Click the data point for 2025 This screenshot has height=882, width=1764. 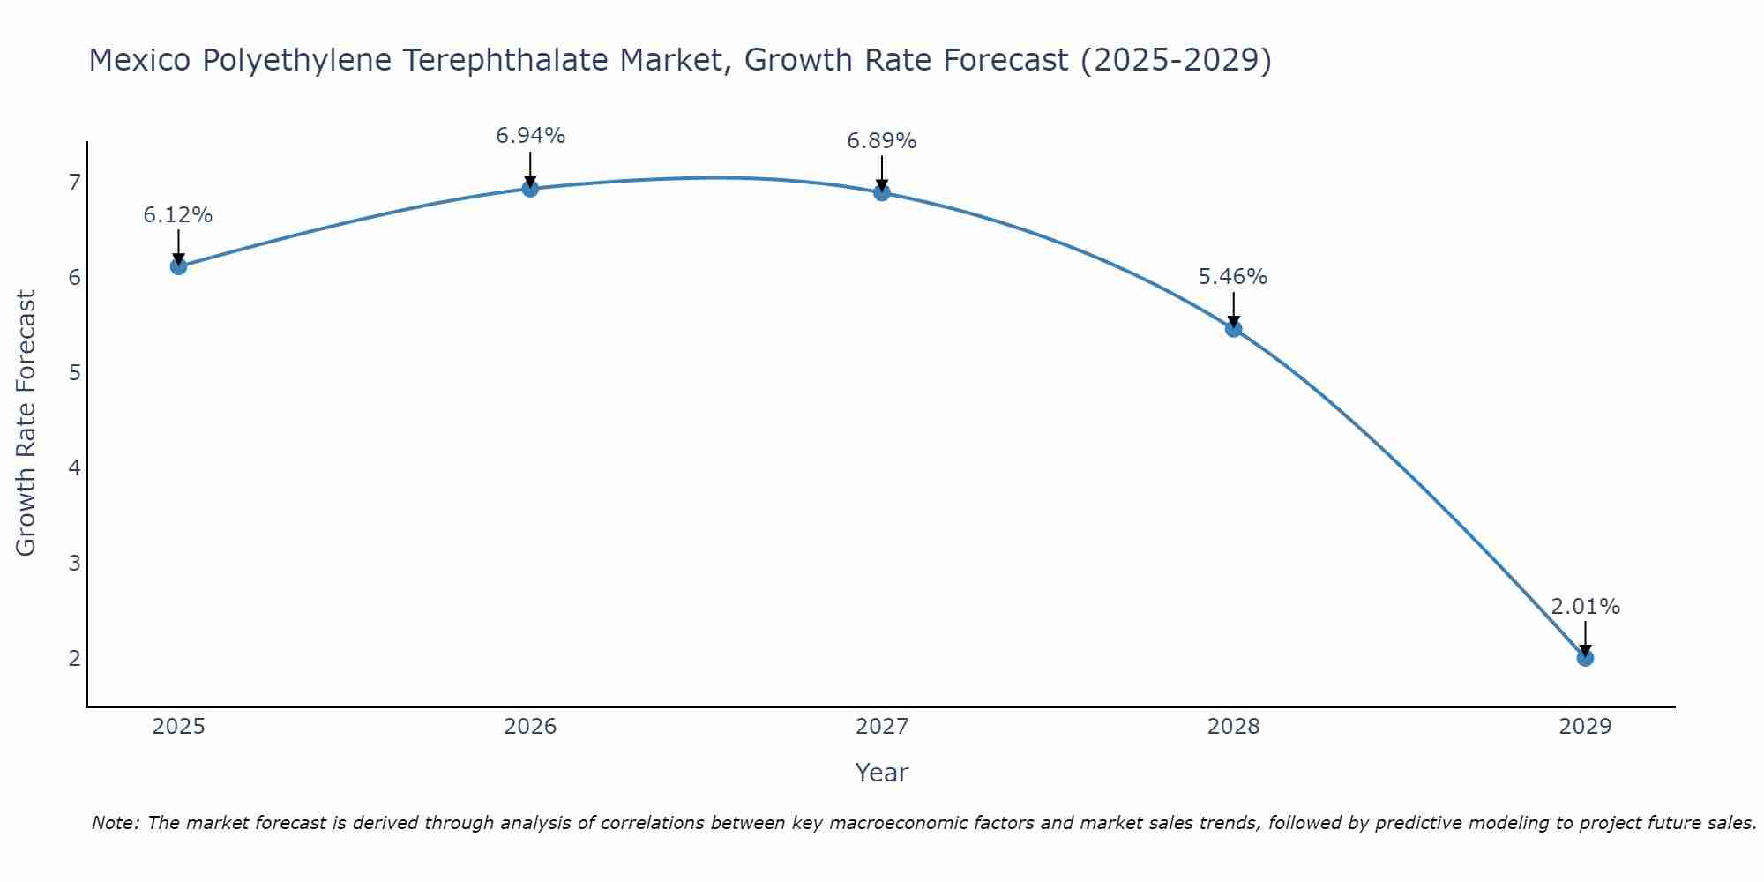tap(178, 266)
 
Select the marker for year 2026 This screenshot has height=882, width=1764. tap(530, 188)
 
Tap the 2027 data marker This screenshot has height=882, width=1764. tap(882, 192)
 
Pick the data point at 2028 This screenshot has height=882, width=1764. tap(1233, 329)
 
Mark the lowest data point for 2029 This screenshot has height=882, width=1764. tap(1585, 658)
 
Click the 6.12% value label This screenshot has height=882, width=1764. tap(178, 215)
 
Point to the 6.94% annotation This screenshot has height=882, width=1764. tap(530, 136)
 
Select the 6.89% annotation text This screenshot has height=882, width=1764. tap(882, 141)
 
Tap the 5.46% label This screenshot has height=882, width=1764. tap(1233, 277)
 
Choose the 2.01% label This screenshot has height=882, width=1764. tap(1585, 607)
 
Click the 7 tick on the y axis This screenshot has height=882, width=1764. tap(74, 183)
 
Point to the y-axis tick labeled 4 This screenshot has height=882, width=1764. tap(74, 467)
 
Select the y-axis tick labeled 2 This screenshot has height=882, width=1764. tap(74, 658)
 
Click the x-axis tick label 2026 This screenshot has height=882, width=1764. tap(530, 727)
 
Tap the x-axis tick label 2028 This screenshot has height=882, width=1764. tap(1233, 727)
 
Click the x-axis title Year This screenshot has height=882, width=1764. tap(882, 773)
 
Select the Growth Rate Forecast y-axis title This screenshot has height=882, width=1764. tap(26, 423)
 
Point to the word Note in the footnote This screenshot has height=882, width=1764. tap(114, 823)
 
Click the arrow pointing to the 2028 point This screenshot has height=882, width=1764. tap(1233, 309)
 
